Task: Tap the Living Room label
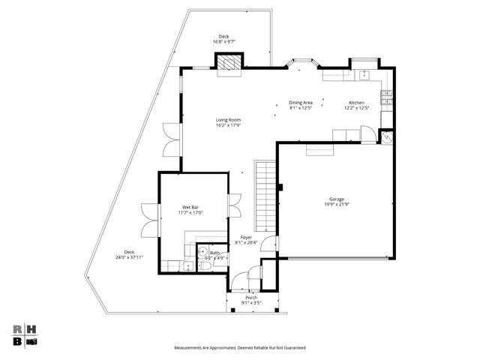point(229,120)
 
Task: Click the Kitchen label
point(356,102)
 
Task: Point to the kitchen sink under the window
point(363,74)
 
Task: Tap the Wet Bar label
point(190,207)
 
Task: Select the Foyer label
point(246,237)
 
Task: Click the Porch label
point(251,297)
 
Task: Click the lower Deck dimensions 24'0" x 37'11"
point(129,257)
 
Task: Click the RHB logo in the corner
point(25,334)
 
